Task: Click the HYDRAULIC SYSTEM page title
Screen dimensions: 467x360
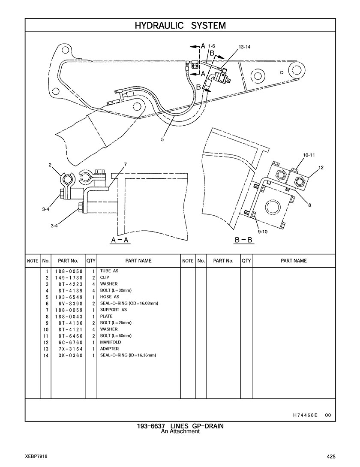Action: (x=180, y=26)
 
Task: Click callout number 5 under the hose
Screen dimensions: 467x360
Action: (x=162, y=139)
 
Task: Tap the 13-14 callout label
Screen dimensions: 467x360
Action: (x=244, y=47)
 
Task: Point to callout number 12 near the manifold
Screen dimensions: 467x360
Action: (x=321, y=167)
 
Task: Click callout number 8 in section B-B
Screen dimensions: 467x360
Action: (x=309, y=205)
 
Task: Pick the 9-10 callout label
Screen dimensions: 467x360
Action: (x=263, y=232)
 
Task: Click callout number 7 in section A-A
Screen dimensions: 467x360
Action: (x=125, y=164)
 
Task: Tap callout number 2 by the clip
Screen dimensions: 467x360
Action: (x=50, y=165)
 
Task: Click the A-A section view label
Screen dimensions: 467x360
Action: (x=120, y=241)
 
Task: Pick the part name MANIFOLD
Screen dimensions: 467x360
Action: (x=111, y=342)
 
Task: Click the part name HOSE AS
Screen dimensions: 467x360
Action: (x=110, y=297)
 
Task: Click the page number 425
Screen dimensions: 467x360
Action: (x=330, y=456)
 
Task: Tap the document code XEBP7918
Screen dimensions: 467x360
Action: (x=36, y=456)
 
